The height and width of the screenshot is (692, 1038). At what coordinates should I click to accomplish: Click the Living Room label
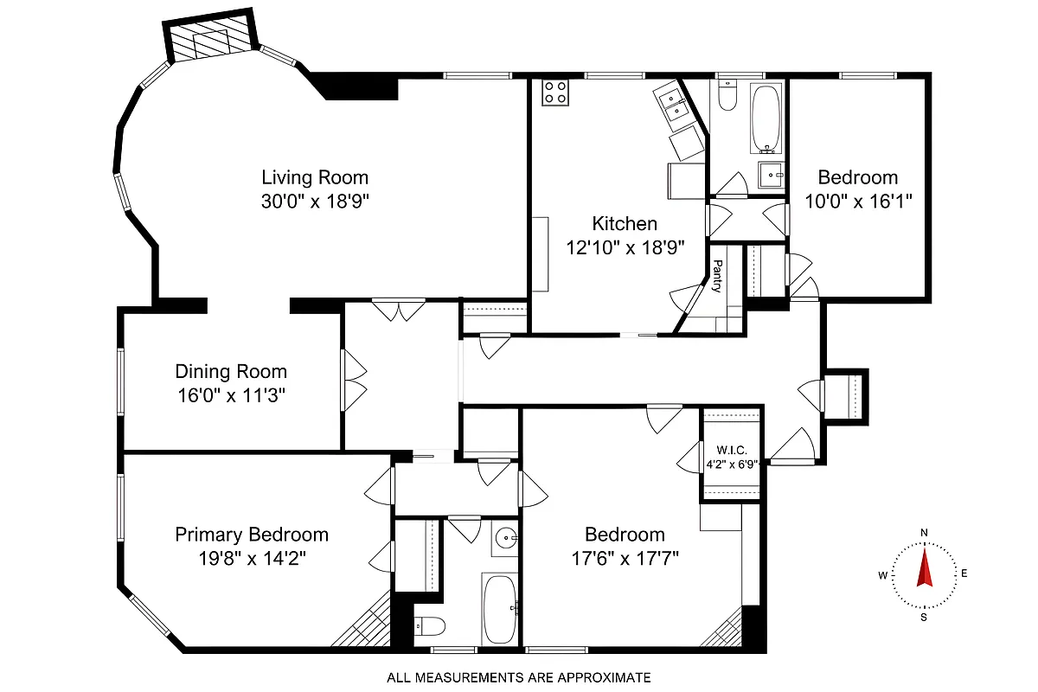click(x=315, y=178)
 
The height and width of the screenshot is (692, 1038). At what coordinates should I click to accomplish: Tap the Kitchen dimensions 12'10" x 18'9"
click(x=625, y=247)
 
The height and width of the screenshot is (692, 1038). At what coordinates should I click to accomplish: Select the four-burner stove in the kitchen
click(x=555, y=93)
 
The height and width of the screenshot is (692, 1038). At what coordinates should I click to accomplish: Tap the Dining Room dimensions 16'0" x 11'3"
click(x=230, y=396)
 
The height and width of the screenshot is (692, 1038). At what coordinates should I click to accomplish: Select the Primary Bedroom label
click(x=252, y=535)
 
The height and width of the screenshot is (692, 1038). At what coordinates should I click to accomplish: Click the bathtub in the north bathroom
click(x=767, y=117)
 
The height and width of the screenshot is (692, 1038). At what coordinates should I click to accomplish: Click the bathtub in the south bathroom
click(x=500, y=608)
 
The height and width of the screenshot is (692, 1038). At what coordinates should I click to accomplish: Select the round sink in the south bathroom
click(x=505, y=540)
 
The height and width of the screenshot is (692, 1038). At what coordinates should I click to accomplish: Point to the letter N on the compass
click(x=924, y=532)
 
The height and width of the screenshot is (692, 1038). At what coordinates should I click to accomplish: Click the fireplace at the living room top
click(x=211, y=39)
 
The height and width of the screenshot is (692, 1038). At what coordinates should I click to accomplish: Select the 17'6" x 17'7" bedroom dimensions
click(x=624, y=558)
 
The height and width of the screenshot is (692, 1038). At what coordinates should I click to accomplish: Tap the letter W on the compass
click(x=882, y=574)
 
